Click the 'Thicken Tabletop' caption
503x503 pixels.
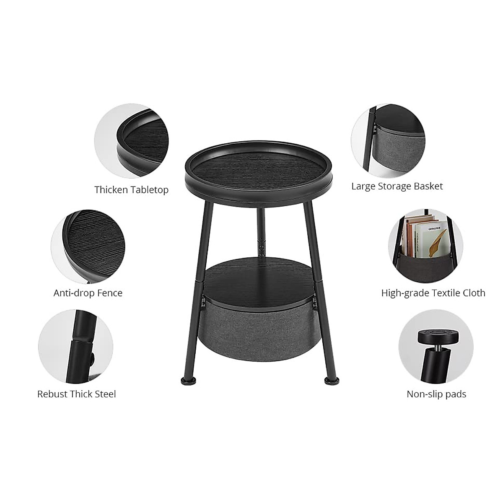pyautogui.click(x=131, y=190)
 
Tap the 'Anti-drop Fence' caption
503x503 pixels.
pyautogui.click(x=88, y=293)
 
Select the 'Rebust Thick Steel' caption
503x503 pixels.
pyautogui.click(x=77, y=394)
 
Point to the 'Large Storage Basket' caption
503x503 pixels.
pyautogui.click(x=397, y=186)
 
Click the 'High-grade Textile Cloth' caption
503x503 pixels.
pyautogui.click(x=433, y=293)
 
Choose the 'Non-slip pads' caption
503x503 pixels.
pyautogui.click(x=436, y=394)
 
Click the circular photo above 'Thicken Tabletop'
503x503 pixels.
pyautogui.click(x=131, y=141)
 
